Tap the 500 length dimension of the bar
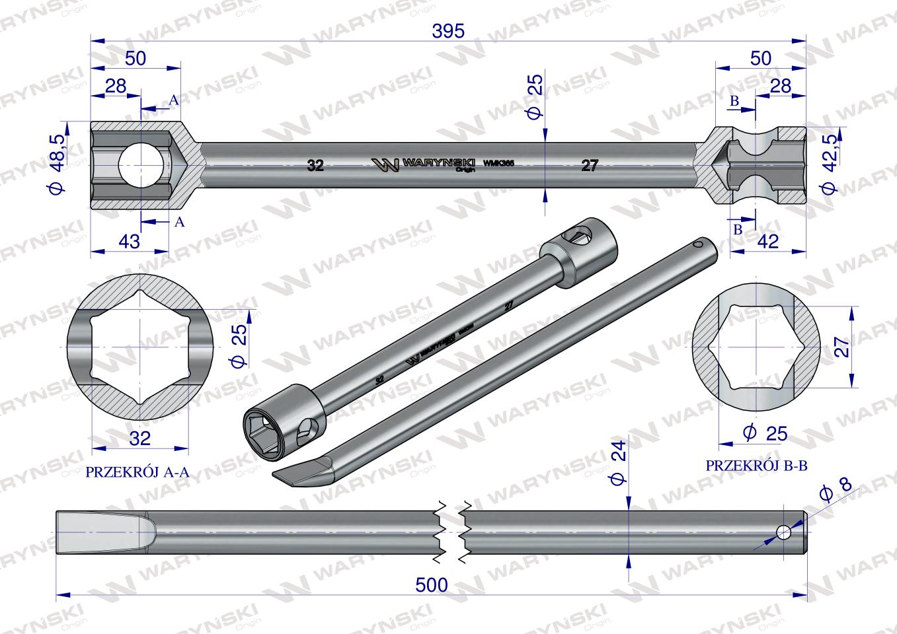coord(432,584)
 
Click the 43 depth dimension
coord(130,242)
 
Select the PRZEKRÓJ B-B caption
coord(757,465)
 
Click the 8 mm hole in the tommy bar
coord(783,532)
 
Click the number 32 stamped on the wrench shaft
coord(315,166)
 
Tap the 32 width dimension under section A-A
coord(140,438)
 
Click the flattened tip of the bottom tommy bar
coord(99,532)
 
